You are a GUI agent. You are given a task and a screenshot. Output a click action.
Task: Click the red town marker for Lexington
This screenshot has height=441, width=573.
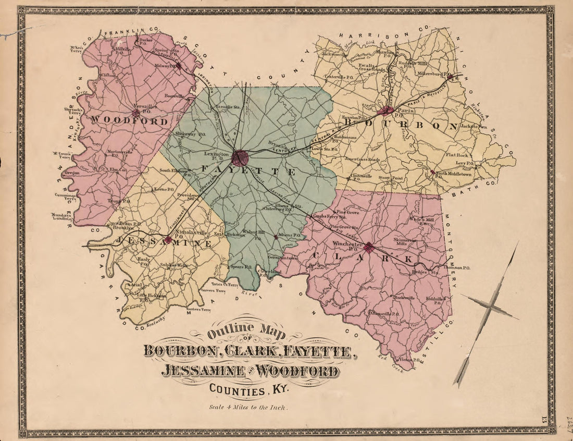coord(240,157)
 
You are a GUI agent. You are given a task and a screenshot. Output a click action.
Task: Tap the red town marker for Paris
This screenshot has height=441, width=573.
coord(386,110)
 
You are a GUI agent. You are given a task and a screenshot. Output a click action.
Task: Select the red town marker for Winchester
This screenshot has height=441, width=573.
coord(369,247)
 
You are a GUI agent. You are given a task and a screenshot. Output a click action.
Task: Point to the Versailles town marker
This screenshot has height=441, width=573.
coord(136,112)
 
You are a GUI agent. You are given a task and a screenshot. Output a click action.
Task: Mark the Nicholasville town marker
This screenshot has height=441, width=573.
coord(168,239)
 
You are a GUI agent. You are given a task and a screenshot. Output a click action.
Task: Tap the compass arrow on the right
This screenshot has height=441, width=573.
coord(487,313)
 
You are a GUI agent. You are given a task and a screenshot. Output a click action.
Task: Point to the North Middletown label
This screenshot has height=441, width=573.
coord(449,175)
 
